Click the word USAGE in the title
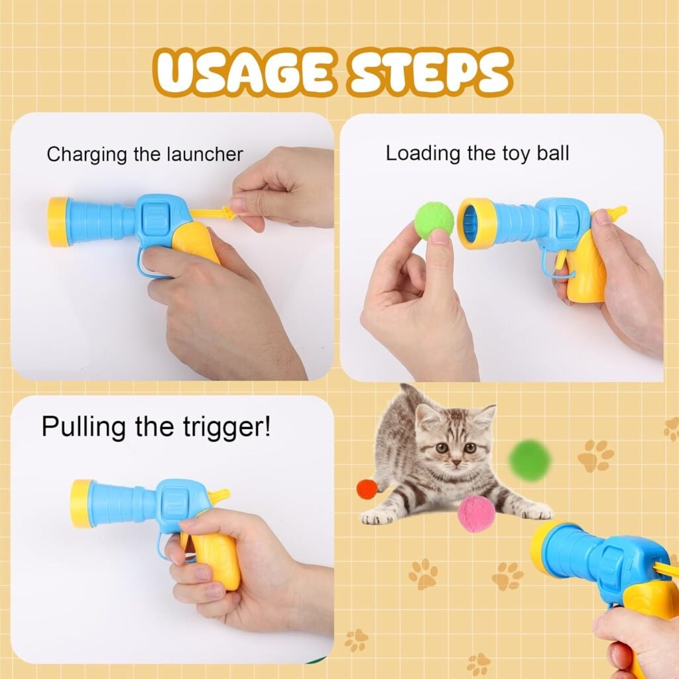coord(243,71)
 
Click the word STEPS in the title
coord(432,71)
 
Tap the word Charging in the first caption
coord(86,154)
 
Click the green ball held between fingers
coord(434,221)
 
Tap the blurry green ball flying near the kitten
coord(530,460)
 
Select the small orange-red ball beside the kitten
coord(367,489)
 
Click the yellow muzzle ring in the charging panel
coord(58,221)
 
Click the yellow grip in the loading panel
coord(588,271)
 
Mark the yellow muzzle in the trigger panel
coord(82,503)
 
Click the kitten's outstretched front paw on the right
coord(536,511)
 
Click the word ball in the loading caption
coord(552,154)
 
